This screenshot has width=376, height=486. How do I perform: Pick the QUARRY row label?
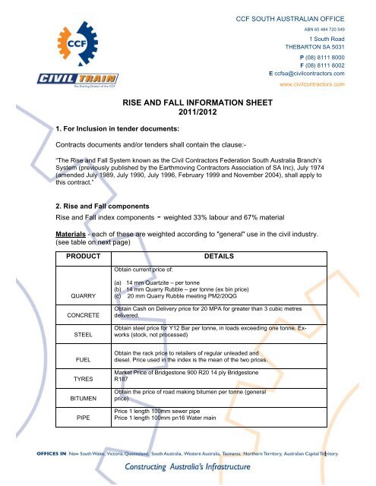coord(80,296)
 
